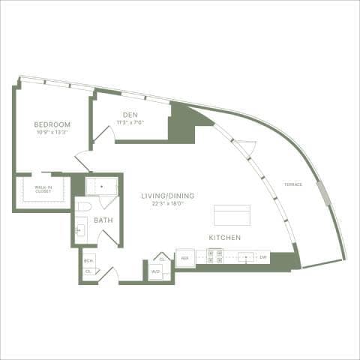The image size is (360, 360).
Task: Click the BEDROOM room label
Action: [x=52, y=124]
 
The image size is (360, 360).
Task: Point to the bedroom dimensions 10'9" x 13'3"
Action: [x=52, y=132]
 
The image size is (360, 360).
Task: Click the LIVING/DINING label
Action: [x=168, y=196]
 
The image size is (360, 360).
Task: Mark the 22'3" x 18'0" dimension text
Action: [x=168, y=203]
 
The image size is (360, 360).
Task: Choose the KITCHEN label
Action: [x=225, y=237]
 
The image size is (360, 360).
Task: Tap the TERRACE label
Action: [x=293, y=184]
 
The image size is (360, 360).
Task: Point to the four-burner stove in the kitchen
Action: [x=214, y=256]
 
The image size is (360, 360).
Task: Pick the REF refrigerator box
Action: [x=184, y=257]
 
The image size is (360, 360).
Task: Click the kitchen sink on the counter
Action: [x=245, y=256]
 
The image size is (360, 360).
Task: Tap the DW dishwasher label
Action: [x=263, y=257]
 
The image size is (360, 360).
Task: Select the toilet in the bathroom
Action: [x=84, y=206]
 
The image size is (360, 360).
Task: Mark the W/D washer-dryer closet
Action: [x=156, y=271]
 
